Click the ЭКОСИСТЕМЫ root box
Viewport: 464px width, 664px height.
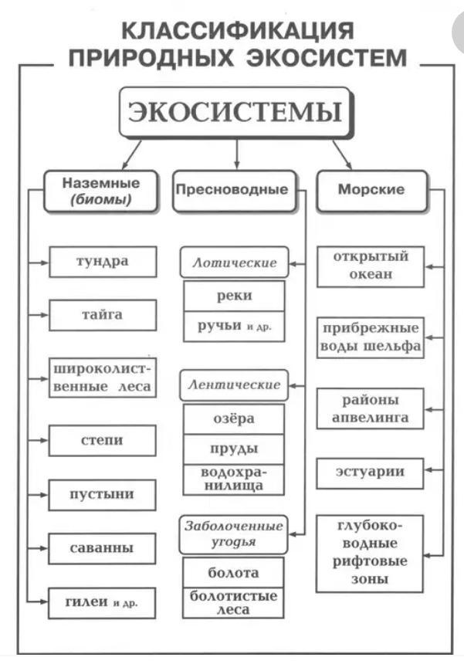click(235, 113)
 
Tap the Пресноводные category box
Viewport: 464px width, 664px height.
click(233, 190)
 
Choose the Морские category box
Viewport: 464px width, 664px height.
click(371, 190)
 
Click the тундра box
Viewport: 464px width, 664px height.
click(103, 261)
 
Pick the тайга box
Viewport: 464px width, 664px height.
click(103, 315)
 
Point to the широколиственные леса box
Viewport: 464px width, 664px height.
click(103, 377)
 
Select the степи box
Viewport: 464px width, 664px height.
click(103, 440)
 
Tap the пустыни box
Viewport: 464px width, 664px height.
click(103, 494)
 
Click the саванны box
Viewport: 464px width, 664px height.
click(103, 548)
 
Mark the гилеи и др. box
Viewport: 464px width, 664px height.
click(103, 602)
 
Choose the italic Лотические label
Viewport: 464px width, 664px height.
click(233, 263)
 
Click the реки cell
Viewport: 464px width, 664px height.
click(233, 296)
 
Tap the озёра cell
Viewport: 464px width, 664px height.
click(233, 418)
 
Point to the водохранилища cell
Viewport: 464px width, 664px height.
click(233, 479)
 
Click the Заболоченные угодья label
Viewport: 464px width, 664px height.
click(233, 534)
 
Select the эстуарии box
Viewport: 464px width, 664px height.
click(371, 471)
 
